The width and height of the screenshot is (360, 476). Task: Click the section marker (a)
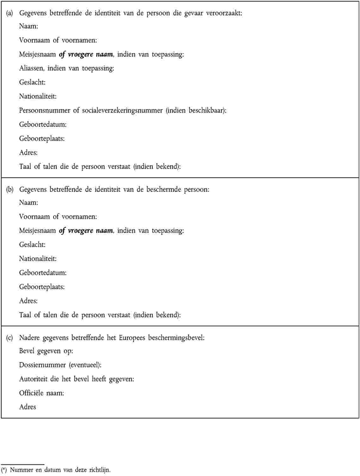pyautogui.click(x=9, y=13)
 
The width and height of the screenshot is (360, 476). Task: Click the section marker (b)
pyautogui.click(x=9, y=190)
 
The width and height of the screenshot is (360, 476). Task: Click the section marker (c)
pyautogui.click(x=9, y=338)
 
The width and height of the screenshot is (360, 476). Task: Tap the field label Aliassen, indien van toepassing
pyautogui.click(x=66, y=68)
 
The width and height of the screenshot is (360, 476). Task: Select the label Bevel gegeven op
pyautogui.click(x=46, y=351)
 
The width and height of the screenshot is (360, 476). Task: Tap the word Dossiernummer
pyautogui.click(x=42, y=365)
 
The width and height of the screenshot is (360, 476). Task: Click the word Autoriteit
pyautogui.click(x=33, y=379)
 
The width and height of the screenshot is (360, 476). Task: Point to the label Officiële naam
pyautogui.click(x=41, y=393)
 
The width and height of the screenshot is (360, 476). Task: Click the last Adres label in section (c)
pyautogui.click(x=28, y=407)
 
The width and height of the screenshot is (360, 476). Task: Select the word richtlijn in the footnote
pyautogui.click(x=99, y=470)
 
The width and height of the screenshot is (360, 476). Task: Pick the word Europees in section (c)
pyautogui.click(x=132, y=338)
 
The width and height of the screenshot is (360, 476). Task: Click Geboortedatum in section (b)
pyautogui.click(x=43, y=273)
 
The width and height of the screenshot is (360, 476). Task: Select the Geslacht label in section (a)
pyautogui.click(x=32, y=82)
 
